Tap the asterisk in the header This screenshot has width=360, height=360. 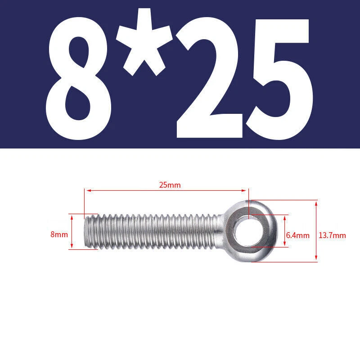pos(144,42)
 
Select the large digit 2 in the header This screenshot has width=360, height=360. pos(209,78)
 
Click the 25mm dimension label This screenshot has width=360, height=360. pos(170,185)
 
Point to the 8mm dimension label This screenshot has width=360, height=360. pos(59,234)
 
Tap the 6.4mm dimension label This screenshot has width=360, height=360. pos(297,235)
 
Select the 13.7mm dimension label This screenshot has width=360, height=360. pos(332,235)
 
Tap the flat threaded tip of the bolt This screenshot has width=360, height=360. pos(87,231)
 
